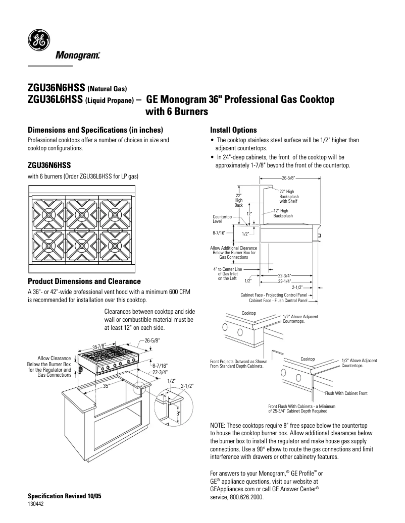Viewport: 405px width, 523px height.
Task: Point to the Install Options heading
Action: [233, 130]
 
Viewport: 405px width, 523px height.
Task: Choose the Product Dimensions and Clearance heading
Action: [84, 281]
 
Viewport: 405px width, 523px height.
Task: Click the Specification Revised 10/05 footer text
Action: [64, 496]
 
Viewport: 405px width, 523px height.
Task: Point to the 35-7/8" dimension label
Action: [98, 346]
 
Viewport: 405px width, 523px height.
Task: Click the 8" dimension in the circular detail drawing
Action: [178, 414]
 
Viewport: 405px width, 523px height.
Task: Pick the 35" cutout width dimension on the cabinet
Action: [107, 386]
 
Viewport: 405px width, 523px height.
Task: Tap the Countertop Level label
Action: [221, 218]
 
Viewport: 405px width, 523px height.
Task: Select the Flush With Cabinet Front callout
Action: [346, 393]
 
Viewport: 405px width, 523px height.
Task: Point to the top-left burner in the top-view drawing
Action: [48, 212]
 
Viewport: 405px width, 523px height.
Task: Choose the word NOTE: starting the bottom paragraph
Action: [219, 426]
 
